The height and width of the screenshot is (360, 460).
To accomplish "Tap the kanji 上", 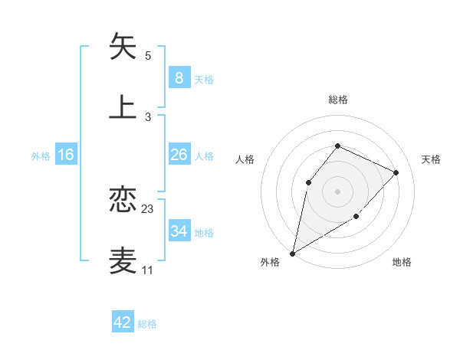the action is pyautogui.click(x=123, y=106).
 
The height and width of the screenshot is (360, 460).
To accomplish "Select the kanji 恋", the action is pyautogui.click(x=123, y=200).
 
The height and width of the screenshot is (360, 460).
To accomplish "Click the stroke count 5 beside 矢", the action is pyautogui.click(x=148, y=56).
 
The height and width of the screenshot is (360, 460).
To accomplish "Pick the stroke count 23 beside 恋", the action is pyautogui.click(x=148, y=209).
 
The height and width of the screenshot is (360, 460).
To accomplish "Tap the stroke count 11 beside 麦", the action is pyautogui.click(x=148, y=270).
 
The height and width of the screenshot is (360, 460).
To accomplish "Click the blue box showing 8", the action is pyautogui.click(x=179, y=77).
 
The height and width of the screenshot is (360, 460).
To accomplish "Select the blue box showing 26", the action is pyautogui.click(x=179, y=155).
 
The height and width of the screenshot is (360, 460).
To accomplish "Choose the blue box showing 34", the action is pyautogui.click(x=179, y=231).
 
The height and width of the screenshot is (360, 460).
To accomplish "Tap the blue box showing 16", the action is pyautogui.click(x=66, y=155).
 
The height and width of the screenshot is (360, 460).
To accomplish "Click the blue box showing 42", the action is pyautogui.click(x=123, y=322).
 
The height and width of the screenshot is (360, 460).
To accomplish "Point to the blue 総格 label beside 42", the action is pyautogui.click(x=148, y=324).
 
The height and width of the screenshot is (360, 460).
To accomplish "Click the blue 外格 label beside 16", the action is pyautogui.click(x=41, y=156).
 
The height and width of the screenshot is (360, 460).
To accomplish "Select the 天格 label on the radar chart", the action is pyautogui.click(x=431, y=159).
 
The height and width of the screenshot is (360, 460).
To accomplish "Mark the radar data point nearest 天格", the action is pyautogui.click(x=396, y=172).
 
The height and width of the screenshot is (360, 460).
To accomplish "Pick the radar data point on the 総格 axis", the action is pyautogui.click(x=337, y=146).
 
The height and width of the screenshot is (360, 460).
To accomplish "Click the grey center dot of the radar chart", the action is pyautogui.click(x=337, y=191).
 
